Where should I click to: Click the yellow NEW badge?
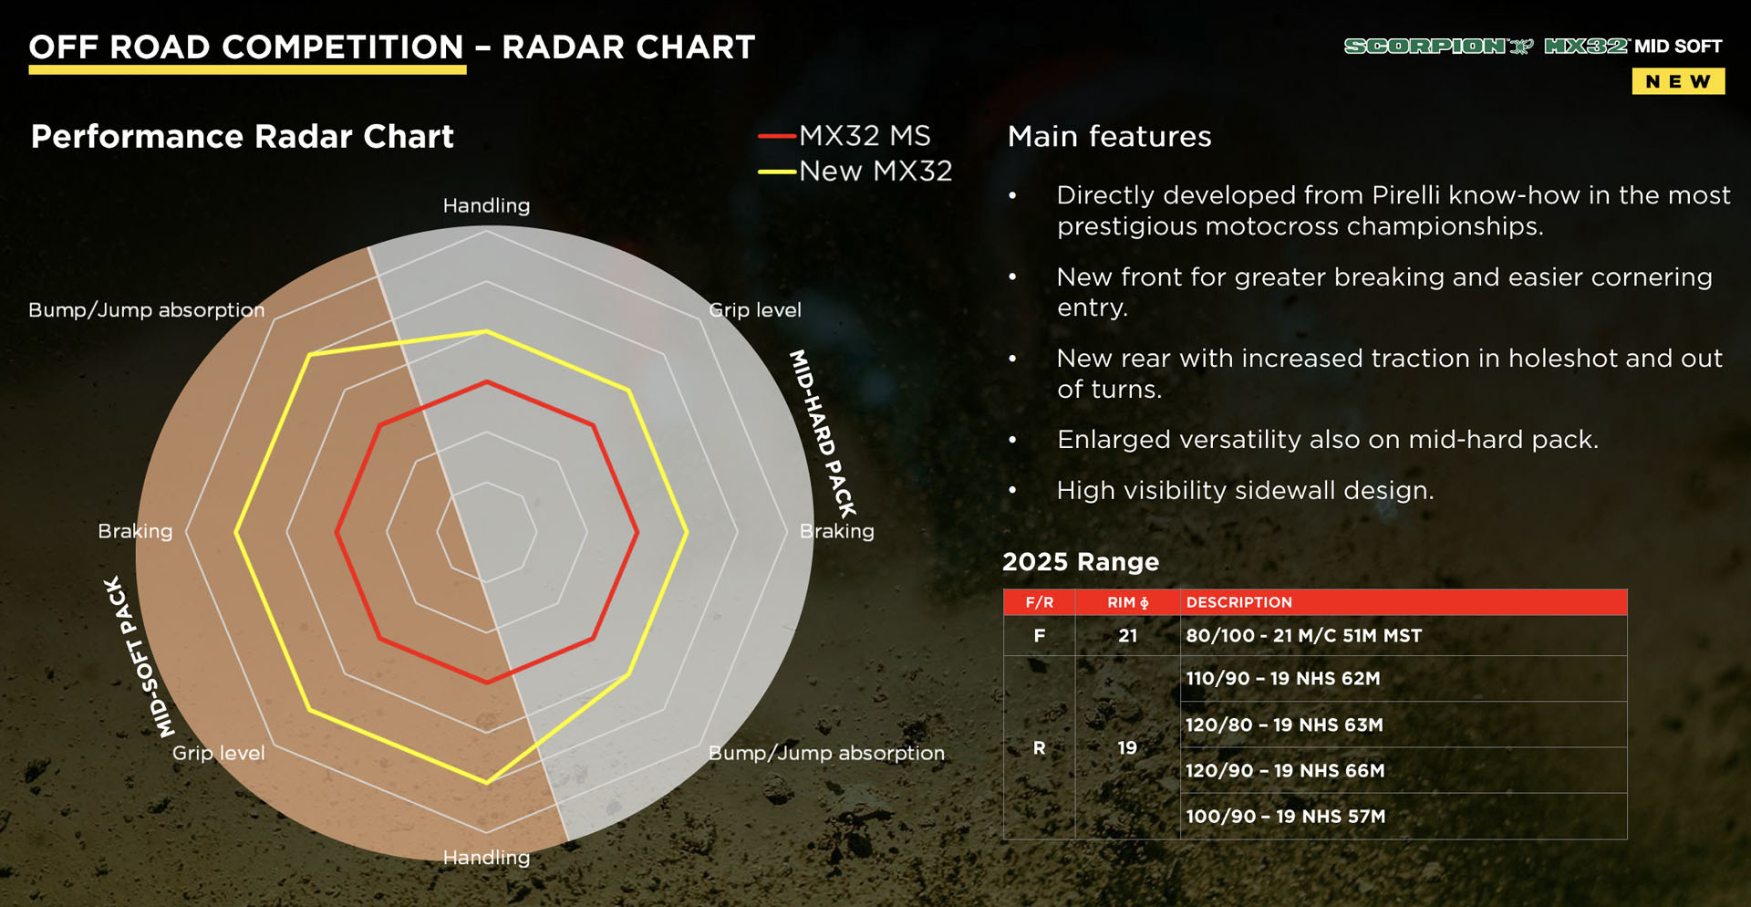tap(1677, 81)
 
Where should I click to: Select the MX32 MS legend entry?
tap(844, 136)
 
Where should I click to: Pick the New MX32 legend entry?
tap(855, 171)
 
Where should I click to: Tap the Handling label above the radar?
tap(486, 205)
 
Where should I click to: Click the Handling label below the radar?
tap(486, 857)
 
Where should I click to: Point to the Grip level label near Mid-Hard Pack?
tap(755, 309)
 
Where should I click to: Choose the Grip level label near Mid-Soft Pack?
tap(218, 753)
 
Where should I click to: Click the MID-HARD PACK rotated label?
tap(823, 433)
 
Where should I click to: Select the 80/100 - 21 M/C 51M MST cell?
tap(1303, 635)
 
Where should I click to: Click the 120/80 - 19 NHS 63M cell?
tap(1284, 725)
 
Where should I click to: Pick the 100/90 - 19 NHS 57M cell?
tap(1285, 816)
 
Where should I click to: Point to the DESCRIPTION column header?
tap(1238, 602)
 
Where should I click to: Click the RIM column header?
tap(1127, 602)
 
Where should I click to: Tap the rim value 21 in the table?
tap(1127, 635)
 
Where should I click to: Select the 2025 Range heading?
tap(1081, 561)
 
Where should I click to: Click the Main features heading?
tap(1109, 136)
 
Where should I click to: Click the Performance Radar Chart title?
tap(242, 136)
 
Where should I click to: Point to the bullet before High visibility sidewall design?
tap(1012, 491)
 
